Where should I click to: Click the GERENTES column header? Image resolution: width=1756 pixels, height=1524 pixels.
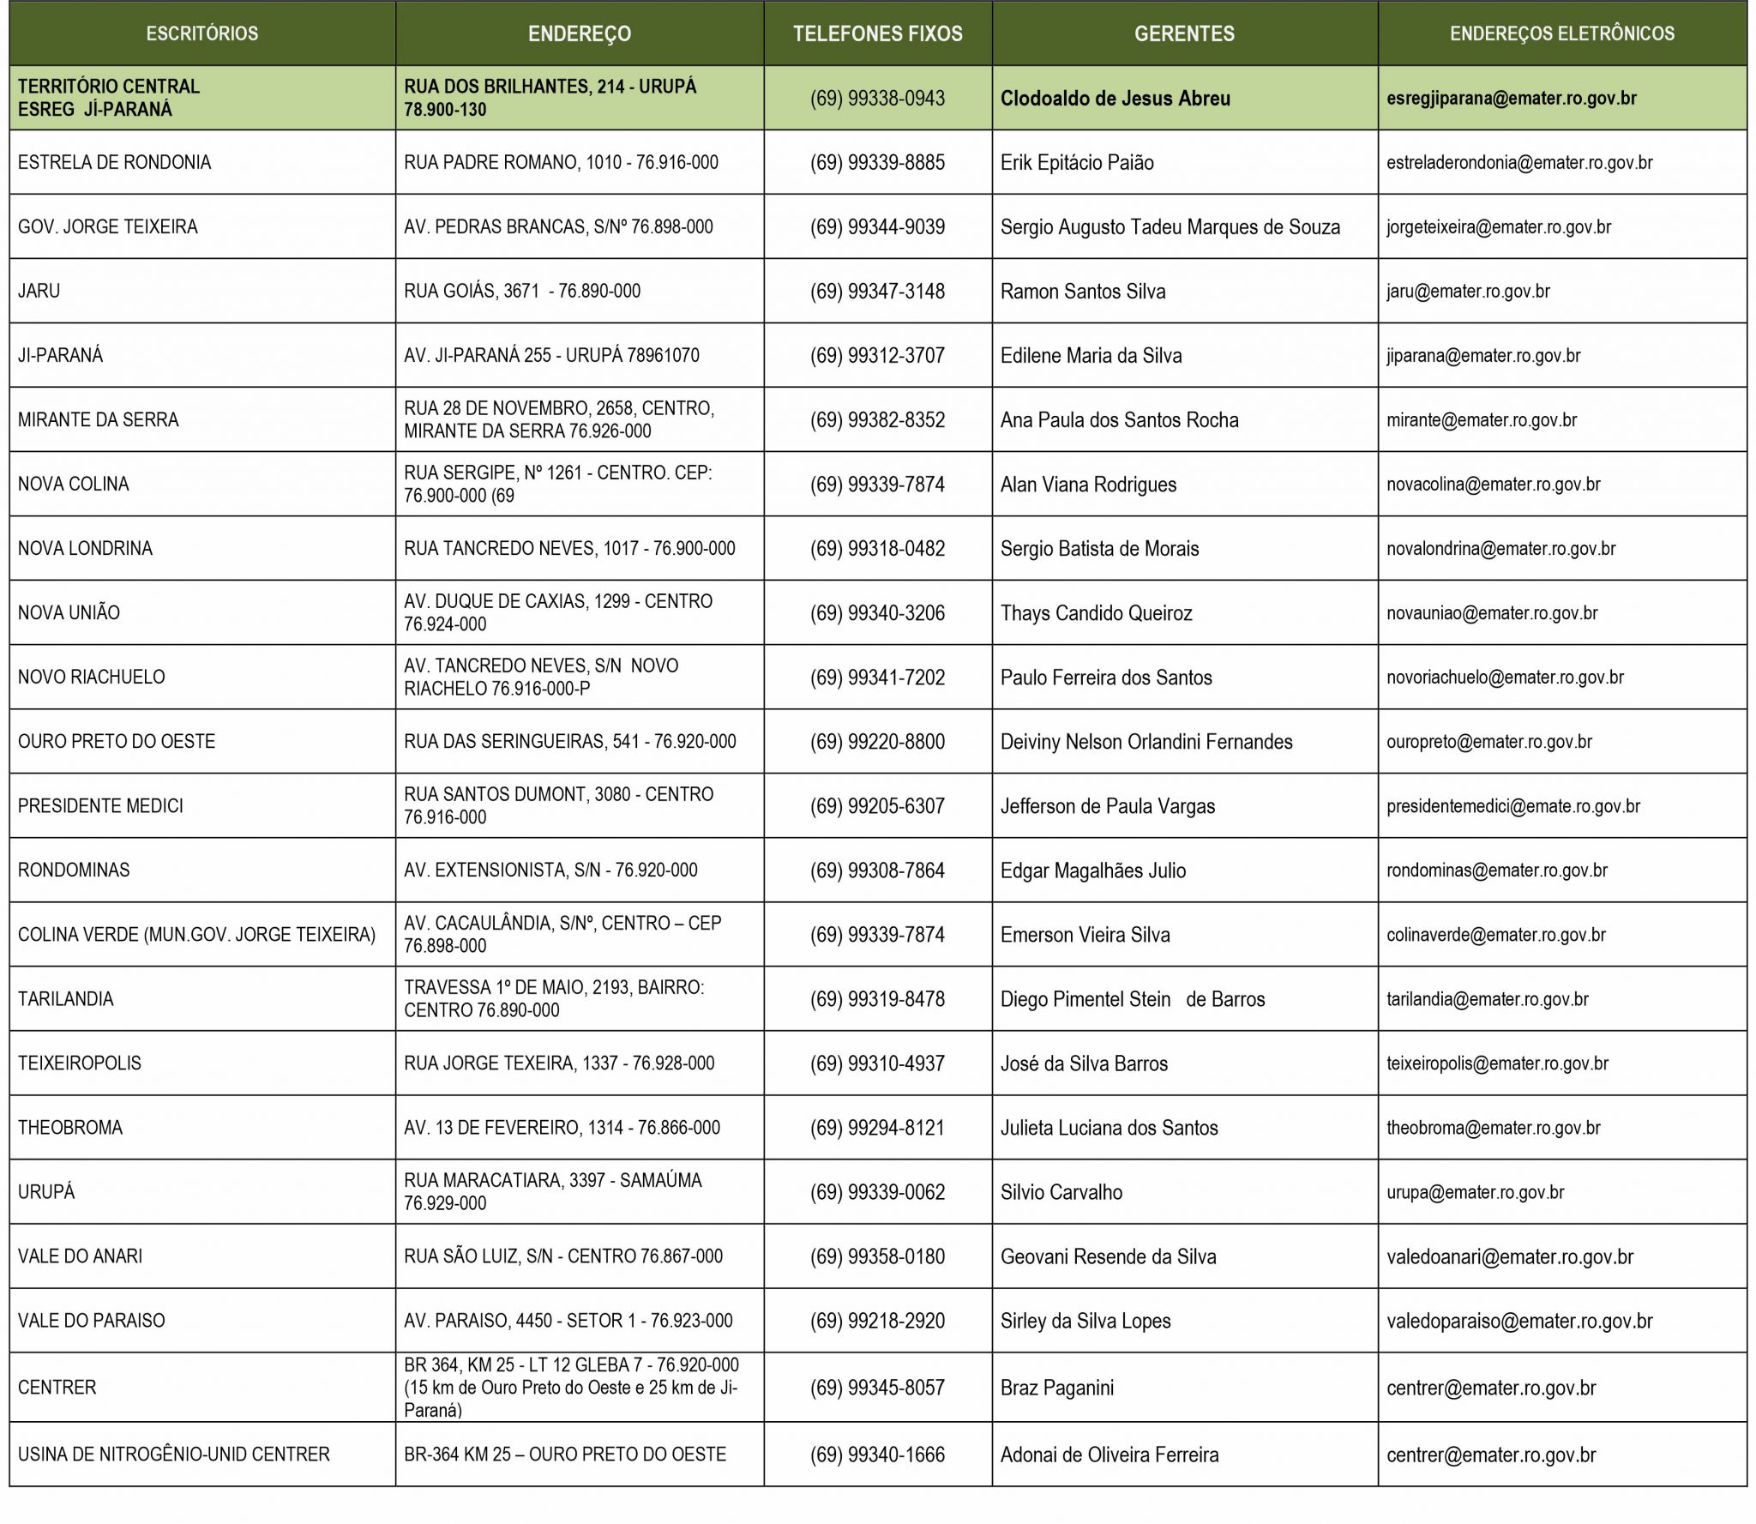coord(1184,34)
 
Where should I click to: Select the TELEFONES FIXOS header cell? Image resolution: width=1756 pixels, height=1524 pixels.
coord(877,34)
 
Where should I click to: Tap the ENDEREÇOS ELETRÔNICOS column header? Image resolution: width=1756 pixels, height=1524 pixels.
coord(1561,34)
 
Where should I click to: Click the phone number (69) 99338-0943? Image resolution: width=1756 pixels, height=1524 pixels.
coord(877,99)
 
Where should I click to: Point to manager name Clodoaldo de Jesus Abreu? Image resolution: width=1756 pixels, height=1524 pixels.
coord(1115,99)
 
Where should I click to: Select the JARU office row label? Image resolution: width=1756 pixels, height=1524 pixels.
coord(39,292)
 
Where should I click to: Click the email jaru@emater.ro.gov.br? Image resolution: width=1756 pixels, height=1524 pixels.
coord(1468,292)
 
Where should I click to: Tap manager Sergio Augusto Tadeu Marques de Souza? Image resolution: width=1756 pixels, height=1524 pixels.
coord(1170,227)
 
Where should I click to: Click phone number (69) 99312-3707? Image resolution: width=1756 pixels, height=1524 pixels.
coord(877,356)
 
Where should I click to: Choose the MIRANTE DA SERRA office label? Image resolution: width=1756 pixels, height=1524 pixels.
coord(99,420)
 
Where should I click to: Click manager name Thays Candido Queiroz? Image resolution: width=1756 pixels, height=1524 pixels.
coord(1096,613)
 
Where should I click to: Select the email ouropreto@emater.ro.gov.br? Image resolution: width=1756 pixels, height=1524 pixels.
coord(1488,742)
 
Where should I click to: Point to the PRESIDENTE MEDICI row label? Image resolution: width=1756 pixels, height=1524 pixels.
coord(100,806)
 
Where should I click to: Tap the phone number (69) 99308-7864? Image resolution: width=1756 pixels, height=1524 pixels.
coord(877,870)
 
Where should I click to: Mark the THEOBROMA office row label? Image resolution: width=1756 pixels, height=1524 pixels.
coord(70,1128)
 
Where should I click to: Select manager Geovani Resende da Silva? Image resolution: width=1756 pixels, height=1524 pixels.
coord(1108,1257)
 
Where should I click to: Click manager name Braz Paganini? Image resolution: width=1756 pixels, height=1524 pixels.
coord(1056,1388)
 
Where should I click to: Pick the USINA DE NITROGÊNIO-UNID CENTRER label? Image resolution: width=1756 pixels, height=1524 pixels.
coord(174,1455)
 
